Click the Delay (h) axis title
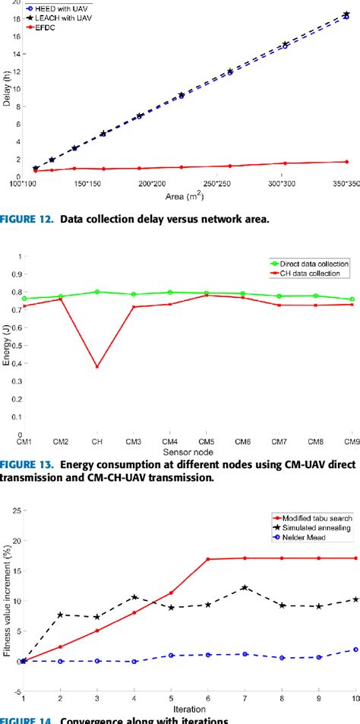click(x=8, y=92)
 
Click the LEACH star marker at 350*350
click(x=346, y=14)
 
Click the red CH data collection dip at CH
click(x=96, y=366)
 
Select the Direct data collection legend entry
click(x=313, y=263)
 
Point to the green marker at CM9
click(x=351, y=299)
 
